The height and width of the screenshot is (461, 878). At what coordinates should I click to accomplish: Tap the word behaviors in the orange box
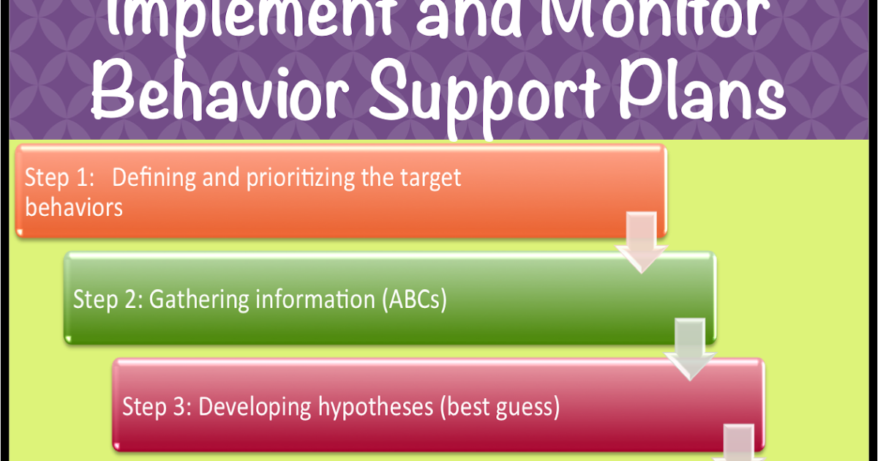tap(74, 207)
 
